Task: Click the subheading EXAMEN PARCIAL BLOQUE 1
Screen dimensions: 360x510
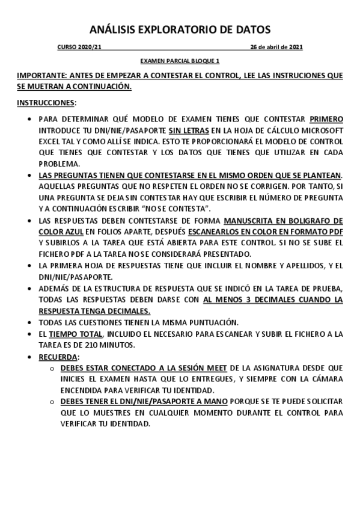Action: click(x=180, y=61)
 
